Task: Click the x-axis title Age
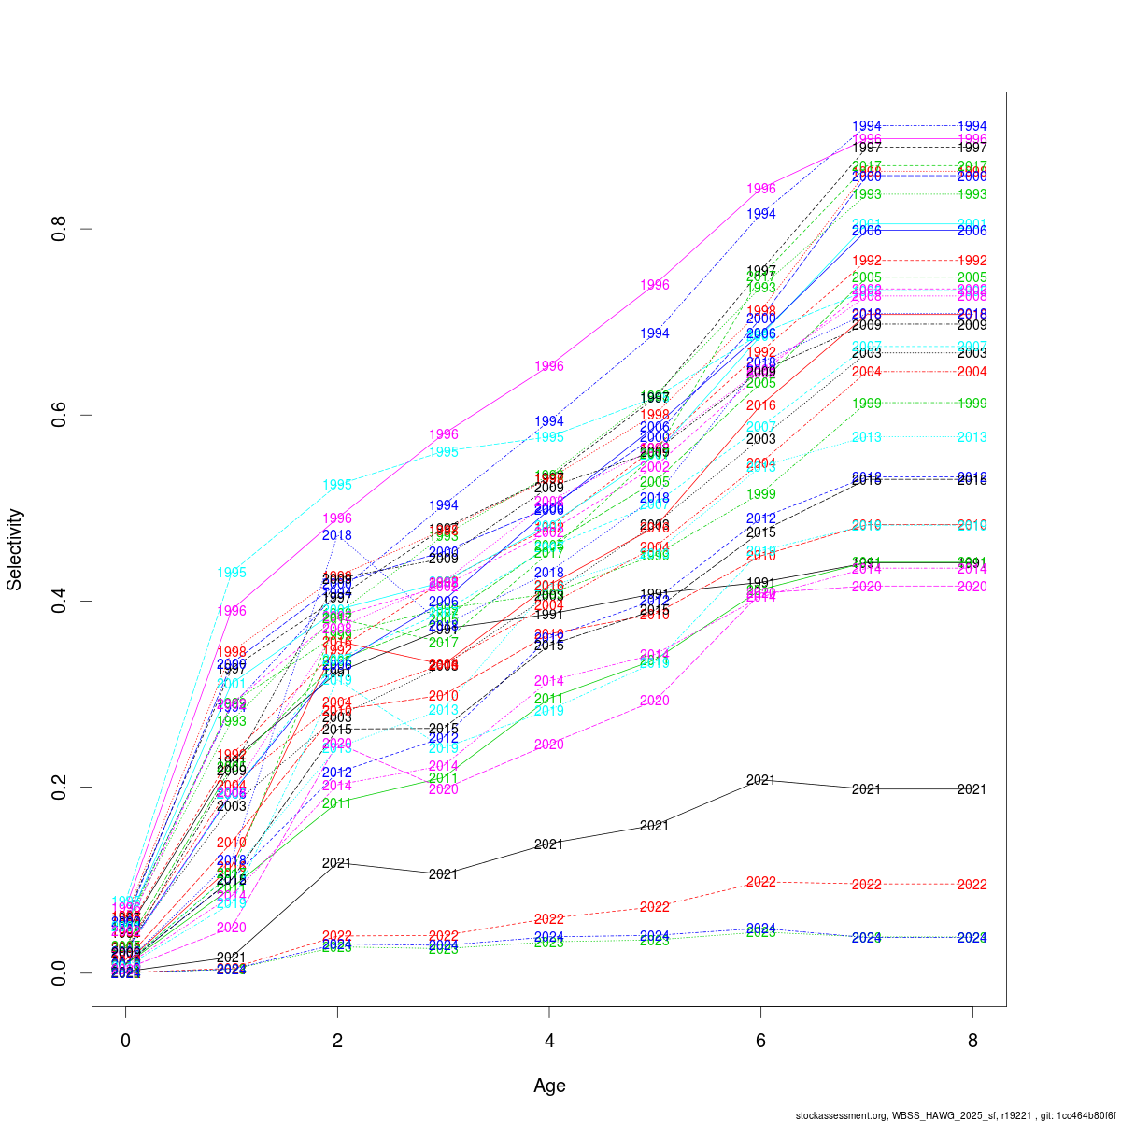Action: point(549,1086)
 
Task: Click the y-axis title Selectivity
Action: point(15,549)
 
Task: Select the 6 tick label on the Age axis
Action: point(761,1041)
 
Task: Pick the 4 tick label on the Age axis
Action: point(549,1041)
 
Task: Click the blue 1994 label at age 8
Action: point(972,126)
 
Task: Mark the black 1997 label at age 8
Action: point(972,148)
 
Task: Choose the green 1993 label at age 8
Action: point(972,194)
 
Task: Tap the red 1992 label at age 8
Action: point(972,261)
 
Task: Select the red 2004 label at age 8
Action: point(972,372)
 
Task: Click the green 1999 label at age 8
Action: point(972,404)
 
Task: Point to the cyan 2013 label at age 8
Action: point(972,437)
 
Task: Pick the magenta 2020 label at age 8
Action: point(972,587)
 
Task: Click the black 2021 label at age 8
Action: point(972,789)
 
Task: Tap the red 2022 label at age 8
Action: point(972,885)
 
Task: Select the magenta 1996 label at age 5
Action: point(655,285)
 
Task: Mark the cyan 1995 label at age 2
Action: point(337,485)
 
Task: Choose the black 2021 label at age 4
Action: point(549,844)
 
